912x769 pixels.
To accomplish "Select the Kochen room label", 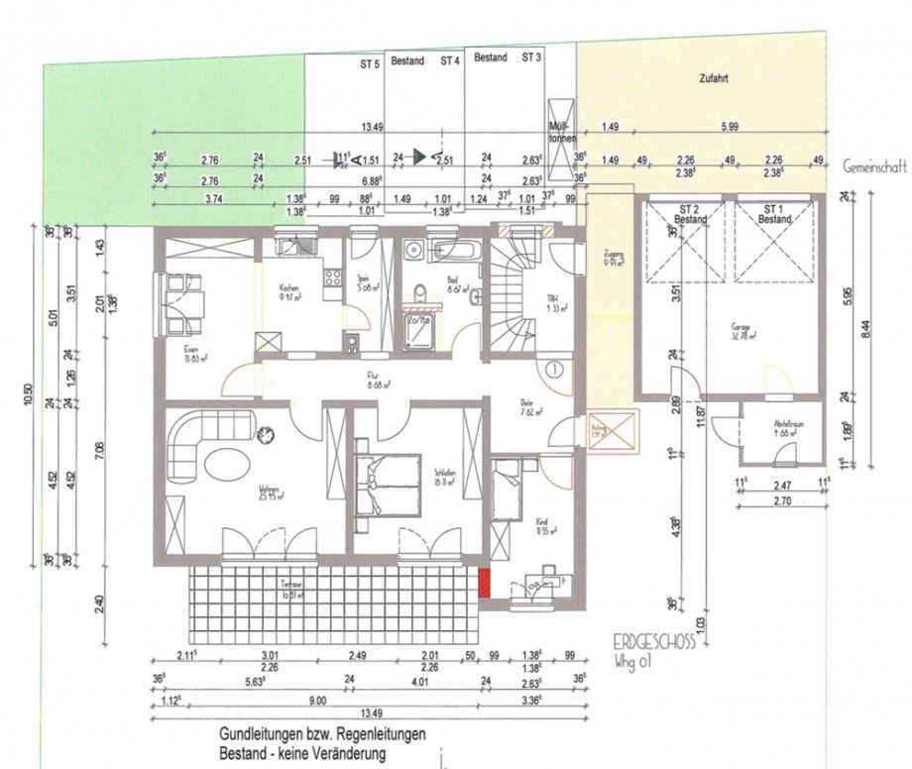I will (x=288, y=287).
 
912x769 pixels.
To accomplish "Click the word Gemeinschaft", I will (x=874, y=168).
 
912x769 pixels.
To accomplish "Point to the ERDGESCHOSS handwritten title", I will (x=651, y=641).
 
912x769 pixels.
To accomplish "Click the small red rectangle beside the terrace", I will (x=484, y=582).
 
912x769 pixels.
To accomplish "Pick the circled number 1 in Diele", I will (x=553, y=368).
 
